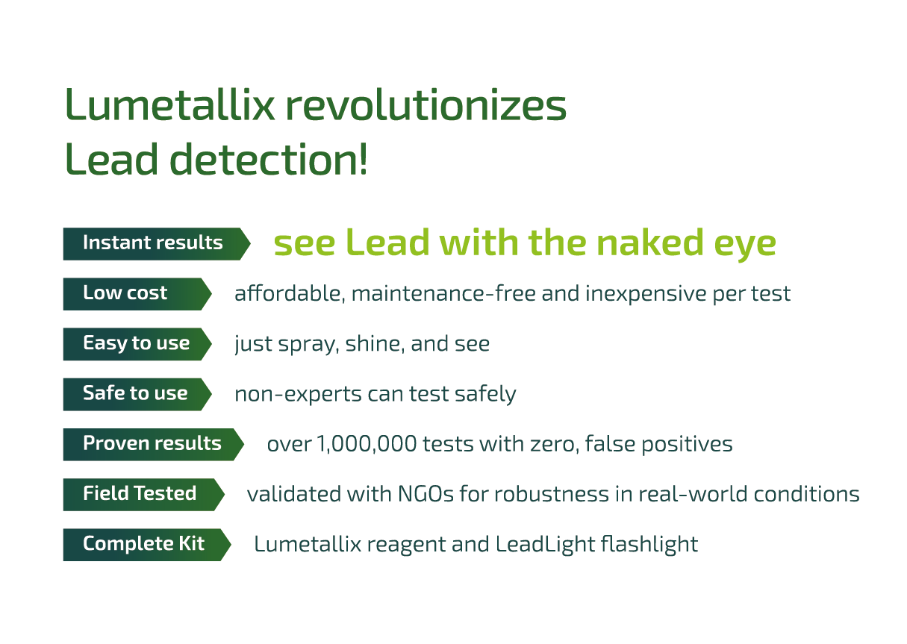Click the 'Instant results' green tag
pyautogui.click(x=153, y=243)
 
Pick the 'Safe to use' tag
pyautogui.click(x=135, y=393)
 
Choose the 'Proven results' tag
pyautogui.click(x=152, y=443)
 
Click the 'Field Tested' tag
pyautogui.click(x=140, y=493)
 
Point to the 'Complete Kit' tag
pyautogui.click(x=143, y=543)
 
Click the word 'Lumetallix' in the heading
pyautogui.click(x=171, y=106)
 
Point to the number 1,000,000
pyautogui.click(x=367, y=444)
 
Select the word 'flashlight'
pyautogui.click(x=649, y=544)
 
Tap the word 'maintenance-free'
pyautogui.click(x=443, y=293)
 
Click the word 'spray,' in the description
pyautogui.click(x=298, y=344)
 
